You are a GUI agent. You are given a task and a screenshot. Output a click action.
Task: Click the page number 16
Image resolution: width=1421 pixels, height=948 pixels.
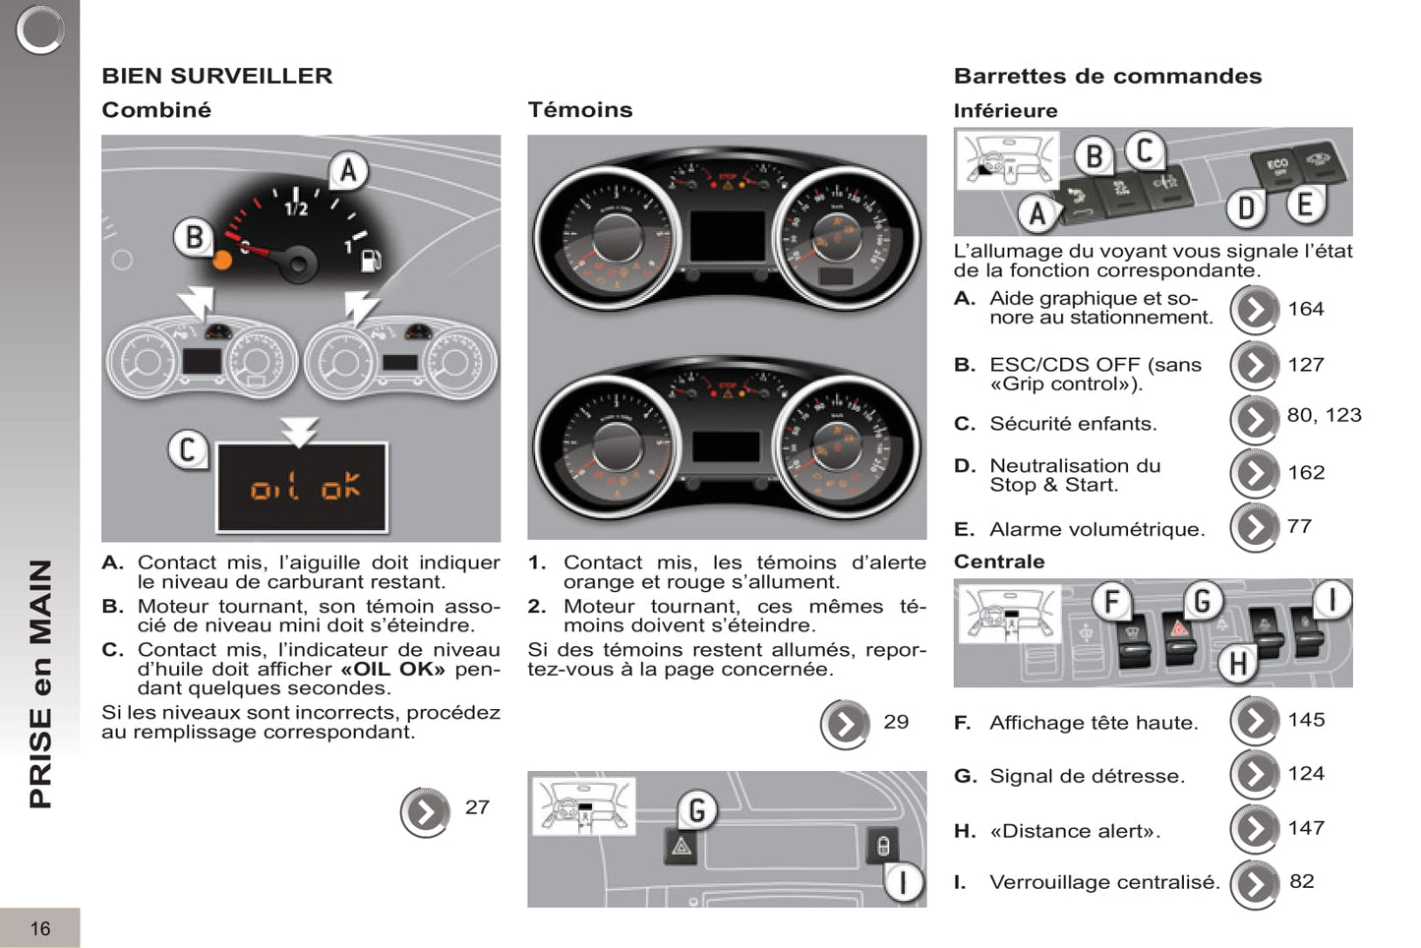pos(40,928)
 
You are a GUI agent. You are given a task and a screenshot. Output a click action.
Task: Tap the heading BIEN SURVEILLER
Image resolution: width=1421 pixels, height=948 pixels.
pos(217,76)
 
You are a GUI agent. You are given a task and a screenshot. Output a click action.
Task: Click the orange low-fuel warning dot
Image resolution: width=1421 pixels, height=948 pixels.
pos(223,260)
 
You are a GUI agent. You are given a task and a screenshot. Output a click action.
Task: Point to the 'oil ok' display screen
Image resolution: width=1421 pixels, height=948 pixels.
pos(302,487)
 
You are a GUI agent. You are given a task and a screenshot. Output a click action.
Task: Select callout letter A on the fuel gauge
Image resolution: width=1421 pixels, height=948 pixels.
pos(348,171)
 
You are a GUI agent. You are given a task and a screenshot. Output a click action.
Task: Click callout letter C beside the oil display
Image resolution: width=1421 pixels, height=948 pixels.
pos(187,450)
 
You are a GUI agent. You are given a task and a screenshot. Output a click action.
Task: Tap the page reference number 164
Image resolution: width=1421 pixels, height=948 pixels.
pos(1306,309)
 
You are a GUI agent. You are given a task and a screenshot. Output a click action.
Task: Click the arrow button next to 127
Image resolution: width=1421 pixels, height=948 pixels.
pos(1255,365)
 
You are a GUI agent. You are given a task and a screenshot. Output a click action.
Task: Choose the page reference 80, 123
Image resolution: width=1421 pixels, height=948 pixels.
pos(1324,415)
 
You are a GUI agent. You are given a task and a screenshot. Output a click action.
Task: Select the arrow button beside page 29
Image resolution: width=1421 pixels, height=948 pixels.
pos(845,725)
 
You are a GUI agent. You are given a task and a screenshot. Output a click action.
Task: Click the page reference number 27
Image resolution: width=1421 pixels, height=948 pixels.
pos(477,807)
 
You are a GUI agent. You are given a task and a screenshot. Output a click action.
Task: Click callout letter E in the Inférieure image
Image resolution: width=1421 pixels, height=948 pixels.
pos(1305,205)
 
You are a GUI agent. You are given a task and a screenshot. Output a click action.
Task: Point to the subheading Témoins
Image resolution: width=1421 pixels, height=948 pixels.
pos(580,110)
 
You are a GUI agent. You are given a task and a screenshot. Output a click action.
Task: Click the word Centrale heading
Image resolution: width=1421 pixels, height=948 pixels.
pos(999,562)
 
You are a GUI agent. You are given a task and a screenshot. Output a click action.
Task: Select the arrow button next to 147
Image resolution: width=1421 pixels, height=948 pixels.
pos(1255,829)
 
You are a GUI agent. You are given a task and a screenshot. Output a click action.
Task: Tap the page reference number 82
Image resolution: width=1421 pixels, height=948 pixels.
pos(1302,881)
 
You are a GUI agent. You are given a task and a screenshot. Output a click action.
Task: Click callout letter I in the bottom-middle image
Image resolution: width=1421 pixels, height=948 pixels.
pos(903,882)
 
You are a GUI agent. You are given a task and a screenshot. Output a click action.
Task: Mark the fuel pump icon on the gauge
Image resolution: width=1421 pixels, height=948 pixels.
pos(371,261)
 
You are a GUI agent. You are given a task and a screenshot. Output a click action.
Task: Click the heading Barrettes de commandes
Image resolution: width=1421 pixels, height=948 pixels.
pos(1107,76)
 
